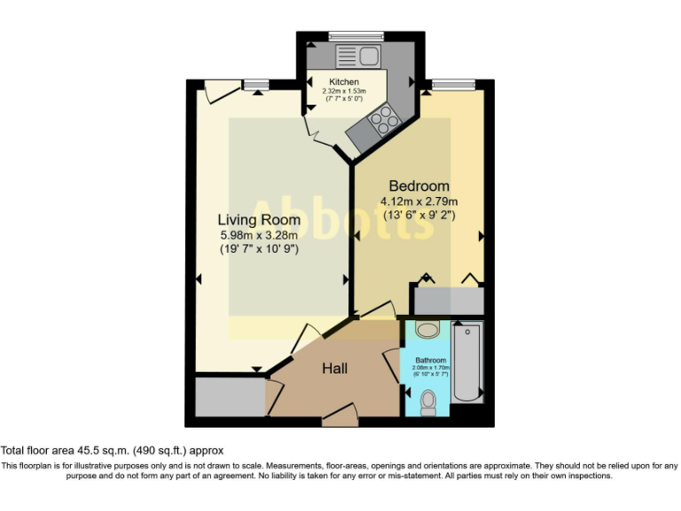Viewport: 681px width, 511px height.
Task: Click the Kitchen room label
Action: coord(344,83)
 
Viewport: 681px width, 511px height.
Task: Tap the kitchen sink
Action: coord(358,58)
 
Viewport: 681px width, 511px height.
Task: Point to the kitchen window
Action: coord(354,36)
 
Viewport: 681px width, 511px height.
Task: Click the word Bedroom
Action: coord(419,186)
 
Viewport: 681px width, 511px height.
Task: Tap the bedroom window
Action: coord(452,85)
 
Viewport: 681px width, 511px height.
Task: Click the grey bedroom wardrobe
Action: coord(449,301)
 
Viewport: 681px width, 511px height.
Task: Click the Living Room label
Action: coord(259,219)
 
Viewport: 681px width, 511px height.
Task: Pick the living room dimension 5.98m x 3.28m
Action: coord(259,235)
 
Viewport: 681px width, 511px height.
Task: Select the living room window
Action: coord(256,85)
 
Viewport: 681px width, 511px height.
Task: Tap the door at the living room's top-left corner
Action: coord(220,89)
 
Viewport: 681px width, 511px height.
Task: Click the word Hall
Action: coord(334,368)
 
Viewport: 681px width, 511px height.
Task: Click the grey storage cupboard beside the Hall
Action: coord(230,397)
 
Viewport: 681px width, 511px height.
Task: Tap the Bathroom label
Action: coord(431,360)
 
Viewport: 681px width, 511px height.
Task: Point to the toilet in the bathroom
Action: coord(428,401)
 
